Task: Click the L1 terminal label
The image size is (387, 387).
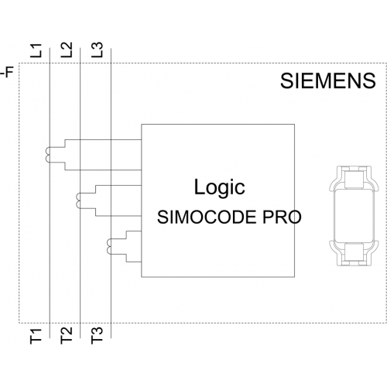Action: [36, 50]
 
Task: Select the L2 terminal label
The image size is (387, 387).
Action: [67, 50]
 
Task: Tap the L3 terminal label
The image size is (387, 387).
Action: [97, 50]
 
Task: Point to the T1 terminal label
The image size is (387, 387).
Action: [36, 336]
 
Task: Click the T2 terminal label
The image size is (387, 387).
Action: [67, 335]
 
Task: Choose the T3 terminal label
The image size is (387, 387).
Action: [97, 335]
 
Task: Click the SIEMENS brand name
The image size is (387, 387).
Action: [328, 80]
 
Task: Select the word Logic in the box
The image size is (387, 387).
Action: [219, 188]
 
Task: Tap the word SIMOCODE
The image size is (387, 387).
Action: [207, 217]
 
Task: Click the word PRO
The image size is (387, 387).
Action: [282, 217]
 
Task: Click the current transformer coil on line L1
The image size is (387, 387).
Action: [47, 155]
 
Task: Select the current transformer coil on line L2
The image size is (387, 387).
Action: [78, 200]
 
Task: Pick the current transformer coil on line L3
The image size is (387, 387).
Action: [108, 246]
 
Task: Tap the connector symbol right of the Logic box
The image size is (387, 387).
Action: [354, 216]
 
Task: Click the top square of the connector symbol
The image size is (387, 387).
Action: [354, 179]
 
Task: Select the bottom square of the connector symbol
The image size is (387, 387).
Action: [354, 252]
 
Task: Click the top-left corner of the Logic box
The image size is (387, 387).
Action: [142, 125]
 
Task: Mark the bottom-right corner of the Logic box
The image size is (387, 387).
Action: [295, 277]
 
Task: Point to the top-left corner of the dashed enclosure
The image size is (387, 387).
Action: [19, 63]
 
